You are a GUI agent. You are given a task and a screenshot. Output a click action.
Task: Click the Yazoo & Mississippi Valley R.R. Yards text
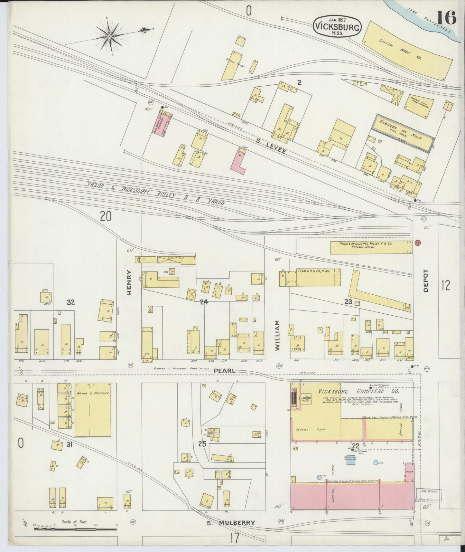(155, 193)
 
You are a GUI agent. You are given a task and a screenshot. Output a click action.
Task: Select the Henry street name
(129, 282)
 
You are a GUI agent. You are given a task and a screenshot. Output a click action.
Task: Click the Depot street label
(426, 281)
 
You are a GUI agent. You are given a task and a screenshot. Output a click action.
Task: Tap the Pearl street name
(224, 371)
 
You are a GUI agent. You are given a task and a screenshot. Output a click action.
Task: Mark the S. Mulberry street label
(230, 523)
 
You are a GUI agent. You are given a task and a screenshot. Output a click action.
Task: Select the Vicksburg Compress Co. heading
(358, 392)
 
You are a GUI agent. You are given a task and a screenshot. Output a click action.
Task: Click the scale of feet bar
(75, 528)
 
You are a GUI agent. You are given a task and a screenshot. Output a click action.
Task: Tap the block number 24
(203, 302)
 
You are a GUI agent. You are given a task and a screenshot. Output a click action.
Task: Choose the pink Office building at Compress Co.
(409, 471)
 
